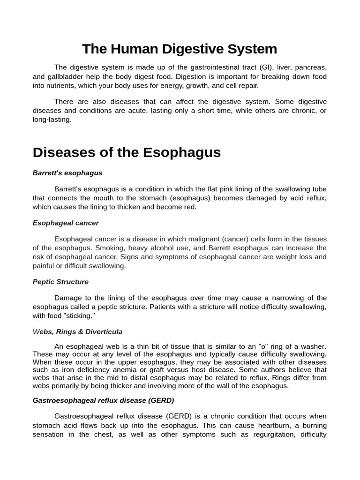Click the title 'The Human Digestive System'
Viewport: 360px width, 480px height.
[180, 49]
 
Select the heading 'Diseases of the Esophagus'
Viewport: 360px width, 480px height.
[127, 152]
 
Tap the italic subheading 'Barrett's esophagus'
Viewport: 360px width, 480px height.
[67, 173]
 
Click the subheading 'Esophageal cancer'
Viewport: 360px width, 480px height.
[66, 223]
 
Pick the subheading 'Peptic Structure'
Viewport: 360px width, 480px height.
[60, 282]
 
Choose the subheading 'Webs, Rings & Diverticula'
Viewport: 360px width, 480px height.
[77, 331]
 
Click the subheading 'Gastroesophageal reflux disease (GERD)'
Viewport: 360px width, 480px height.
[103, 400]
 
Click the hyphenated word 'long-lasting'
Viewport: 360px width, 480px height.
[52, 120]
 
